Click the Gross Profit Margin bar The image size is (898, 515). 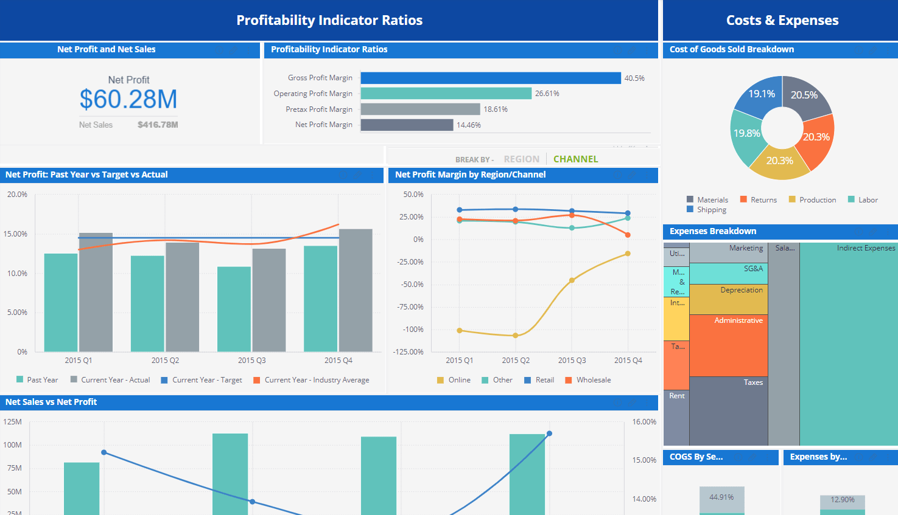coord(490,78)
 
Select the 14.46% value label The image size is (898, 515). coord(469,125)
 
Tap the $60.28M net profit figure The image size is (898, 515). coord(128,99)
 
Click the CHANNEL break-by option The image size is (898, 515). coord(575,159)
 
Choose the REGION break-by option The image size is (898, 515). coord(521,159)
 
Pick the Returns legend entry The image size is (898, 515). coord(763,200)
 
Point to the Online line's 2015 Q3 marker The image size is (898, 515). coord(572,280)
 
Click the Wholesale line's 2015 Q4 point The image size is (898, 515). coord(628,235)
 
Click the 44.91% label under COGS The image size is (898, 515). coord(721,497)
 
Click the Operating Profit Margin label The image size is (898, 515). coord(313,94)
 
